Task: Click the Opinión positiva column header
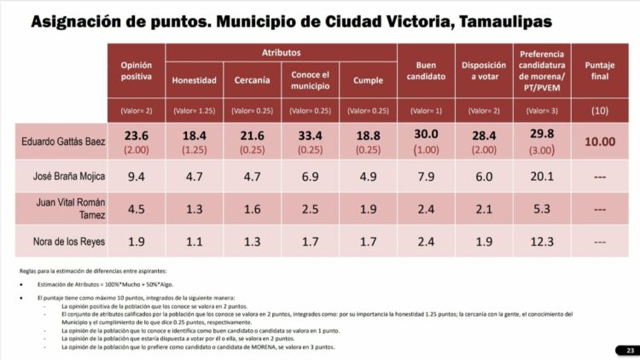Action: point(137,71)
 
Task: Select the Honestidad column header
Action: point(195,81)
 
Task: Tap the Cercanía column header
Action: point(253,81)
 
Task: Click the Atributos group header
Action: point(281,52)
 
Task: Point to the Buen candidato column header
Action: point(427,71)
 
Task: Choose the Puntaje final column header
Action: point(601,71)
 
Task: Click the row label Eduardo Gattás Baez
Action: point(64,141)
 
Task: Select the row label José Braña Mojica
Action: point(64,178)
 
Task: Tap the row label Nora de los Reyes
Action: point(64,241)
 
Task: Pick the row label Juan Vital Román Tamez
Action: point(64,210)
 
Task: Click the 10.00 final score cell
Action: point(601,142)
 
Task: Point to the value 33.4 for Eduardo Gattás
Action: point(311,135)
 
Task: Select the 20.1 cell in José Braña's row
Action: point(541,177)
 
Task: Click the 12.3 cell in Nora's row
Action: point(541,241)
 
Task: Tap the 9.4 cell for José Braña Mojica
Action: point(137,177)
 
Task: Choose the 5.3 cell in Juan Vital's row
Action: point(541,210)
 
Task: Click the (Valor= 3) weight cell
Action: point(541,111)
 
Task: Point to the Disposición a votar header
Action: point(483,71)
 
